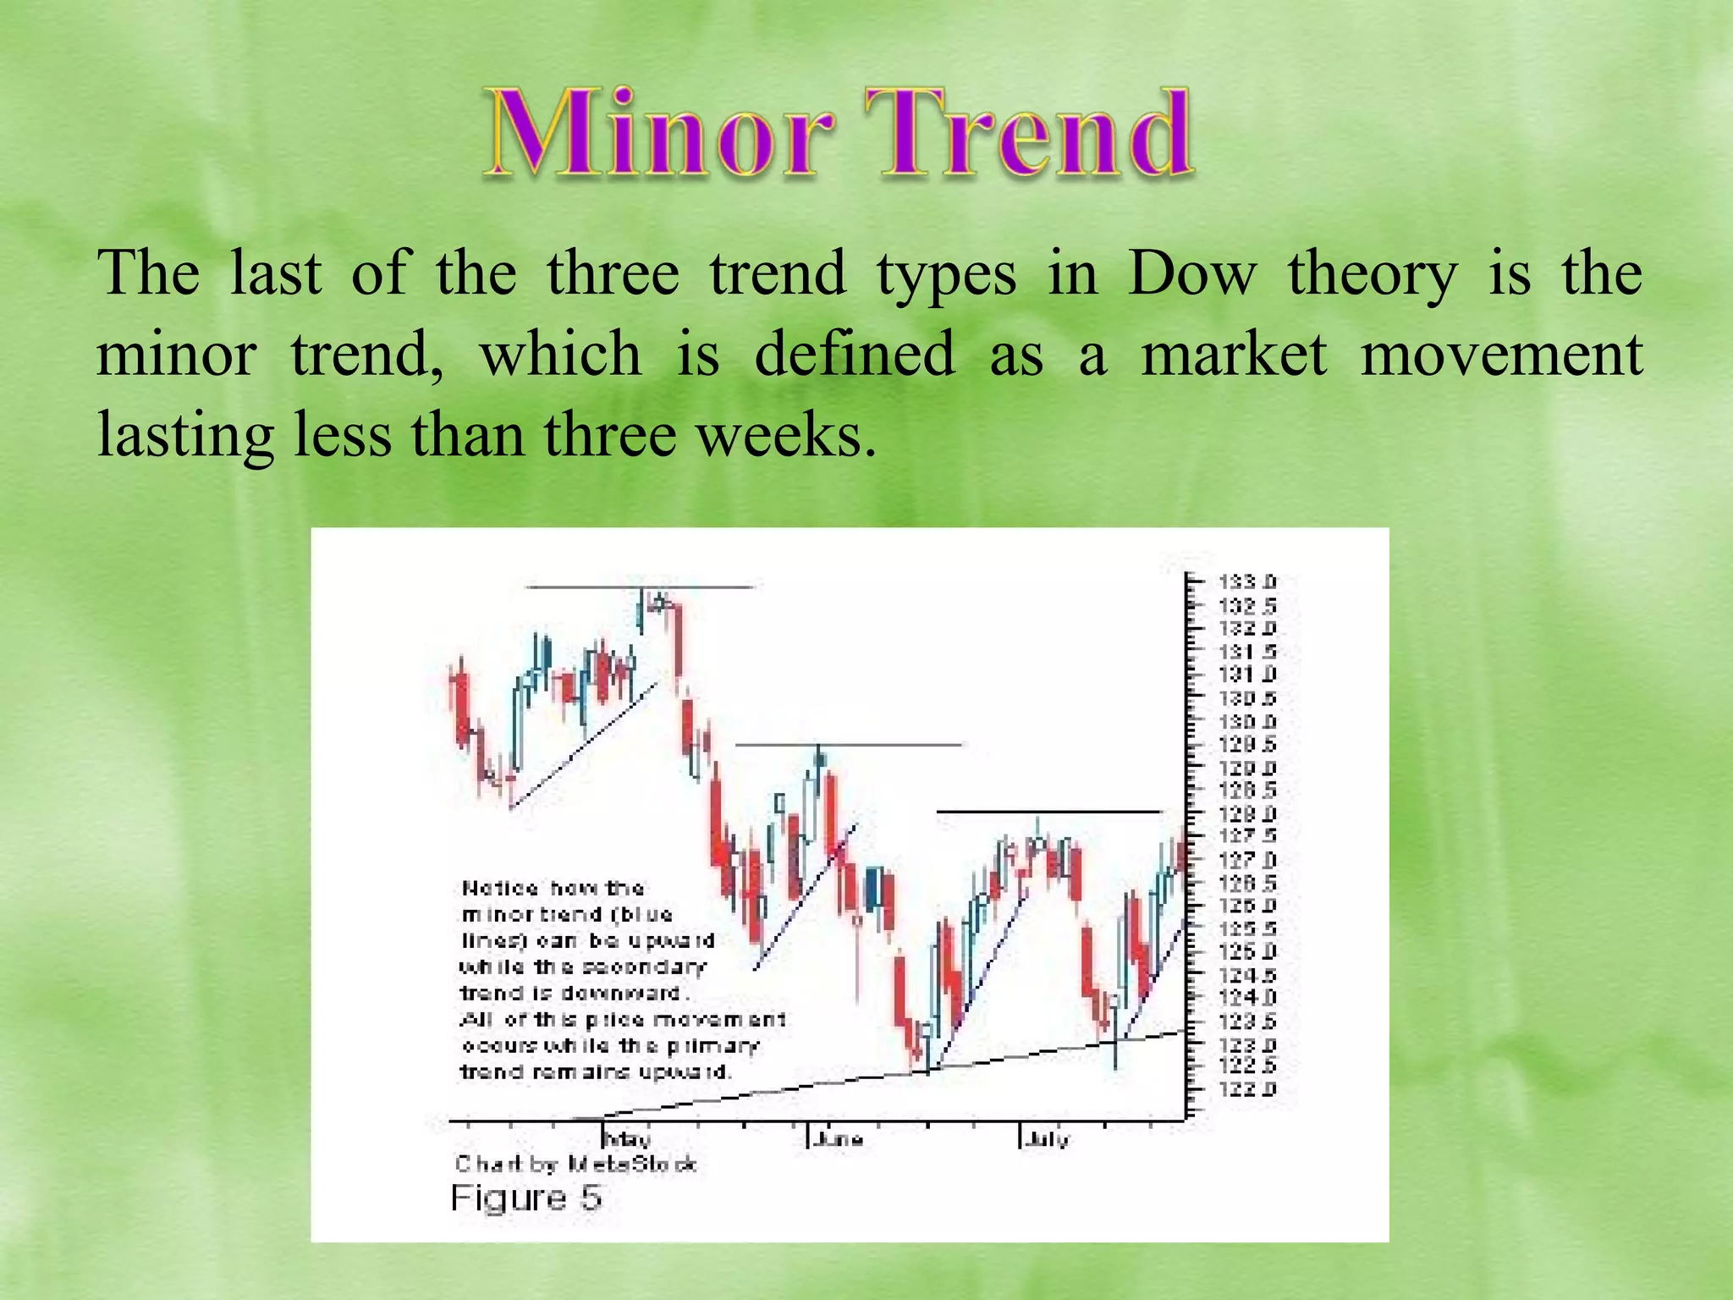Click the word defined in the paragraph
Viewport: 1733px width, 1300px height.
coord(854,355)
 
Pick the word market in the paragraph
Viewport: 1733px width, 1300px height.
coord(1233,355)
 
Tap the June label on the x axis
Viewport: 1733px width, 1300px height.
coord(839,1139)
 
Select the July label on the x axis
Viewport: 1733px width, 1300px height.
coord(1048,1139)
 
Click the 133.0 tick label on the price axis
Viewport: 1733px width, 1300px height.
coord(1246,582)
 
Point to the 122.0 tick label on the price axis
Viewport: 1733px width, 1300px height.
coord(1246,1089)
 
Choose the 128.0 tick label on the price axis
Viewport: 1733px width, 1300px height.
coord(1246,813)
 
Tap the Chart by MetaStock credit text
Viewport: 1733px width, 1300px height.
coord(575,1165)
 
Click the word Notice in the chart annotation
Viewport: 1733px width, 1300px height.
coord(500,889)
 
